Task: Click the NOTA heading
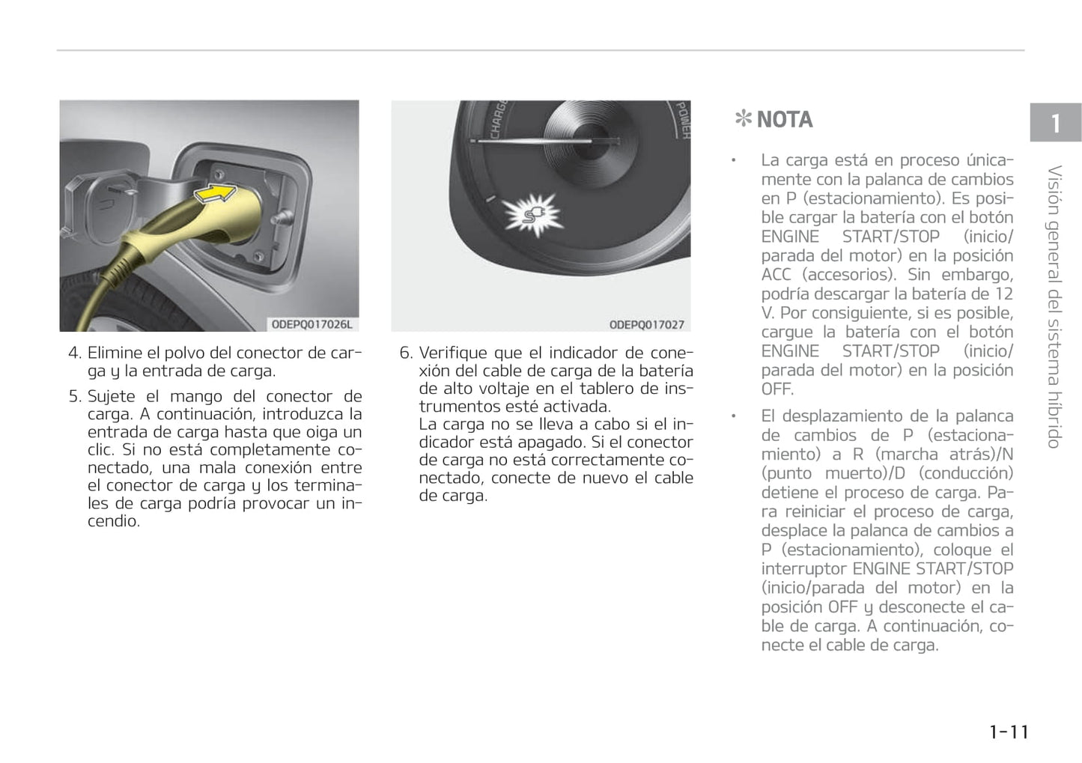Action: click(x=784, y=120)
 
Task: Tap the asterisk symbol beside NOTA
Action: click(x=743, y=119)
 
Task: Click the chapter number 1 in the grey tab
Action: click(x=1055, y=123)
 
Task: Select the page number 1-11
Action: click(x=1009, y=732)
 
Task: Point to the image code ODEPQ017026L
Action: click(x=311, y=324)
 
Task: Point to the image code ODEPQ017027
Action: click(x=646, y=325)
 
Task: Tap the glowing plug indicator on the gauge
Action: click(x=532, y=213)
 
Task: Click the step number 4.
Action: click(x=73, y=353)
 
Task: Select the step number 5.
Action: click(x=73, y=396)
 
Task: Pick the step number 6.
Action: click(x=405, y=353)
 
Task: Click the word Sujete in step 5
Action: click(x=112, y=396)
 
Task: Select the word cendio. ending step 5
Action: click(x=114, y=521)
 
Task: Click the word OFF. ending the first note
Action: click(x=777, y=389)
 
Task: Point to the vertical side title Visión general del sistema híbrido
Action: click(x=1054, y=307)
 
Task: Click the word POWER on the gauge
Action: click(x=682, y=121)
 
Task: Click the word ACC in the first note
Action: click(x=776, y=275)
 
